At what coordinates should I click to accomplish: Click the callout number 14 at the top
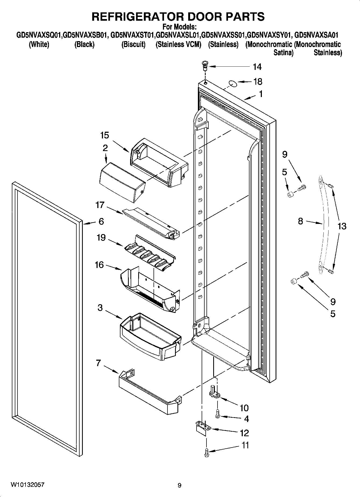(x=257, y=67)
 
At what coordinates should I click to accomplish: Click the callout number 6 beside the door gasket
(x=101, y=221)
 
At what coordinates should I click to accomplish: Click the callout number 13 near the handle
(x=342, y=226)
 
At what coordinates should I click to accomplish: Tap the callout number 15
(x=105, y=135)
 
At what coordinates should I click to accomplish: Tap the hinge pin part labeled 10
(x=214, y=392)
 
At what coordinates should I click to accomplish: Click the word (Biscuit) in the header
(x=133, y=44)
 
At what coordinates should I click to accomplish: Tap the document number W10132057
(x=28, y=485)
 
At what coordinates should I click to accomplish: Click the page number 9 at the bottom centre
(x=180, y=485)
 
